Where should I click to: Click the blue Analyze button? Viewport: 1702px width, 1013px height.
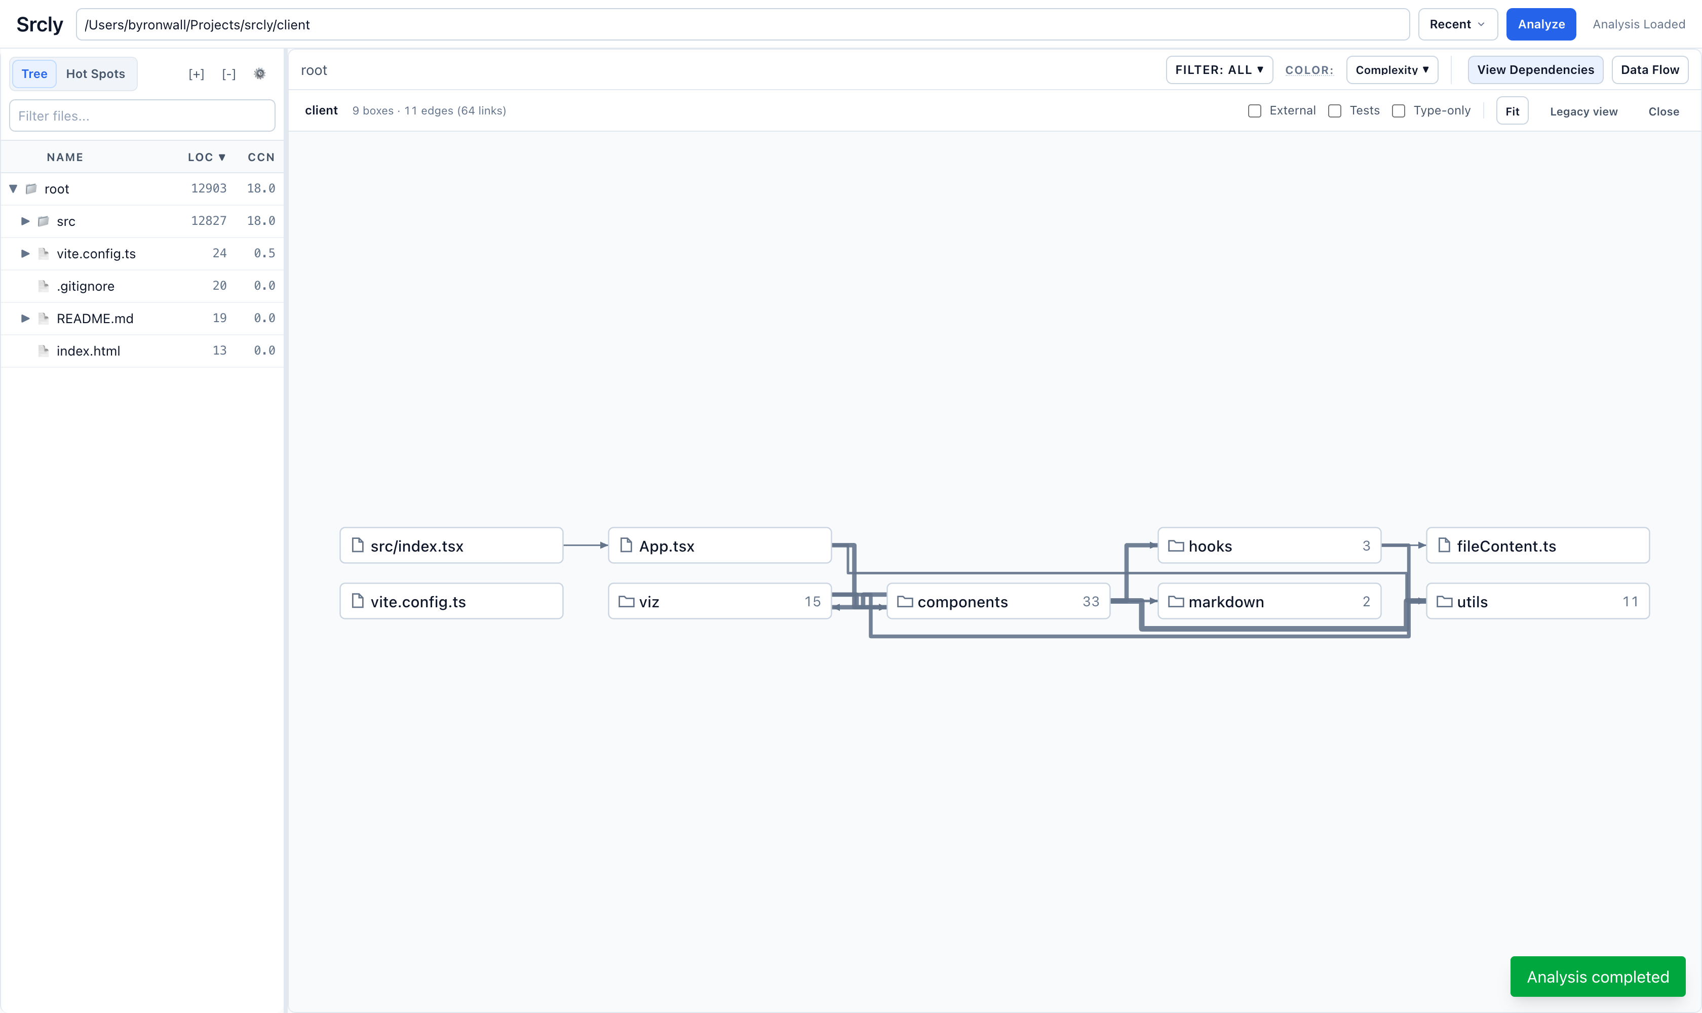[1541, 25]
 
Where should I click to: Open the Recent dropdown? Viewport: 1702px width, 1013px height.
[1457, 25]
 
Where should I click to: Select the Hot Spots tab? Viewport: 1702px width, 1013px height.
[96, 74]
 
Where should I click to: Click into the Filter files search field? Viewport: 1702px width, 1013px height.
[142, 116]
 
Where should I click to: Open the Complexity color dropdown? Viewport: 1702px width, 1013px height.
[1392, 69]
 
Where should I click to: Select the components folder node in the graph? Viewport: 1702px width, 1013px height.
[998, 601]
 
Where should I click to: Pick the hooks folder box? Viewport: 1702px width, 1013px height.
[1269, 546]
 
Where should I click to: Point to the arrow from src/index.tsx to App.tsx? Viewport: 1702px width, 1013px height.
[586, 546]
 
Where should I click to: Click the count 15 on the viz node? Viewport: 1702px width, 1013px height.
[813, 601]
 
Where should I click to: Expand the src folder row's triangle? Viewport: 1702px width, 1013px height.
[25, 221]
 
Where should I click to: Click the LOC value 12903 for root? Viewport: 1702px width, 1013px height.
[209, 188]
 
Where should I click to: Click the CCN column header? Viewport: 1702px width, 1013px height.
[261, 157]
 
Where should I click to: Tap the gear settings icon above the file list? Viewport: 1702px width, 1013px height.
[259, 74]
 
